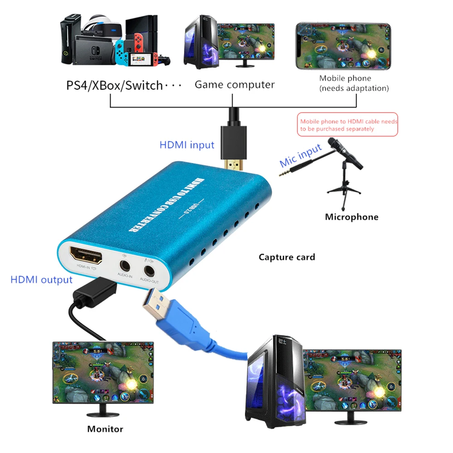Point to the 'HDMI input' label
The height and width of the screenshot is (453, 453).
click(x=187, y=145)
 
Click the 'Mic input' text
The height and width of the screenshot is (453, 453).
click(x=300, y=155)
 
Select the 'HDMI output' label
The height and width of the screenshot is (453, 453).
click(x=41, y=280)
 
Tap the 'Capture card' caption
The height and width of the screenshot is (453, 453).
click(x=287, y=257)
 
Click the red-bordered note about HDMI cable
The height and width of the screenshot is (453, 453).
click(x=348, y=125)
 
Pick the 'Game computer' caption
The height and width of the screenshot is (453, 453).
click(x=235, y=85)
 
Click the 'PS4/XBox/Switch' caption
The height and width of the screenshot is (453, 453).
click(x=115, y=85)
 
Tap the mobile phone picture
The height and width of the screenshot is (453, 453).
click(x=343, y=46)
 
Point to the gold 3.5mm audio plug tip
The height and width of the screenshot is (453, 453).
click(x=284, y=173)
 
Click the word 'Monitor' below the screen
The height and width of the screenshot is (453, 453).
click(x=105, y=429)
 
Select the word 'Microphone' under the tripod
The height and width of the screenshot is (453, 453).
click(x=352, y=217)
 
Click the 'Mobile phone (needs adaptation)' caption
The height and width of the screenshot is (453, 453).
click(x=354, y=83)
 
